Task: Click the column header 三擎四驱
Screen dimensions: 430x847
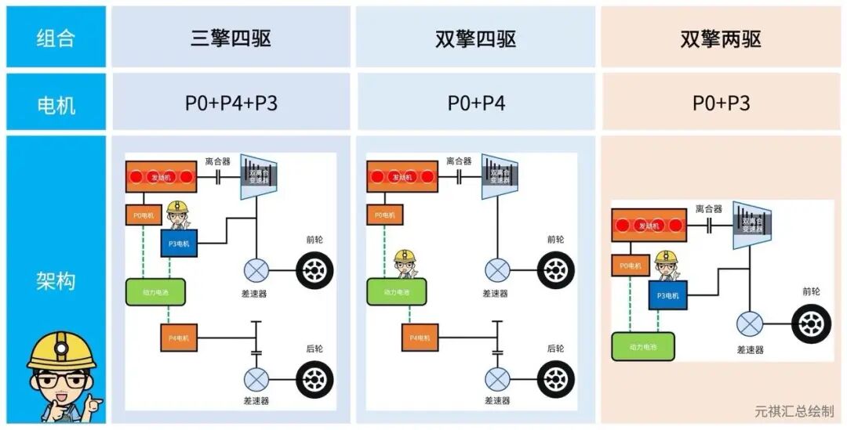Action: [231, 38]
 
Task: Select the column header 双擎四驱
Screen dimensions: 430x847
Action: [475, 38]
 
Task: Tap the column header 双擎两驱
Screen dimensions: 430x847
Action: [721, 38]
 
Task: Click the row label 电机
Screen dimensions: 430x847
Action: [56, 103]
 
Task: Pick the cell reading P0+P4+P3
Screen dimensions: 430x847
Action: [231, 103]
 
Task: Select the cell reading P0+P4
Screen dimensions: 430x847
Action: [476, 103]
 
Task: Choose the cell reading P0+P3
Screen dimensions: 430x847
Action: [721, 103]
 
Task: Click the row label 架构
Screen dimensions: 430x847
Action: [56, 280]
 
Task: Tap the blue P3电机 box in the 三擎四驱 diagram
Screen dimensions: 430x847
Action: [180, 244]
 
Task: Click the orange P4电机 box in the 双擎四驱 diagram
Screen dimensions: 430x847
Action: [420, 338]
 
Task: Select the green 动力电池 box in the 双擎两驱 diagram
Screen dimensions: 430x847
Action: [642, 345]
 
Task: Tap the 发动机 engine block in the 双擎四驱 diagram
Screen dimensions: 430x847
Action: [402, 177]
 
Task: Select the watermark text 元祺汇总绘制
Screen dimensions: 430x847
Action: [794, 411]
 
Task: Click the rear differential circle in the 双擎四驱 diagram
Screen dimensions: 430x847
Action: [496, 379]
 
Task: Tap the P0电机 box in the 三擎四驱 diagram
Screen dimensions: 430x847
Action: [144, 215]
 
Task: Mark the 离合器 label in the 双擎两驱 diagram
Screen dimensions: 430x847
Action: [709, 209]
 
